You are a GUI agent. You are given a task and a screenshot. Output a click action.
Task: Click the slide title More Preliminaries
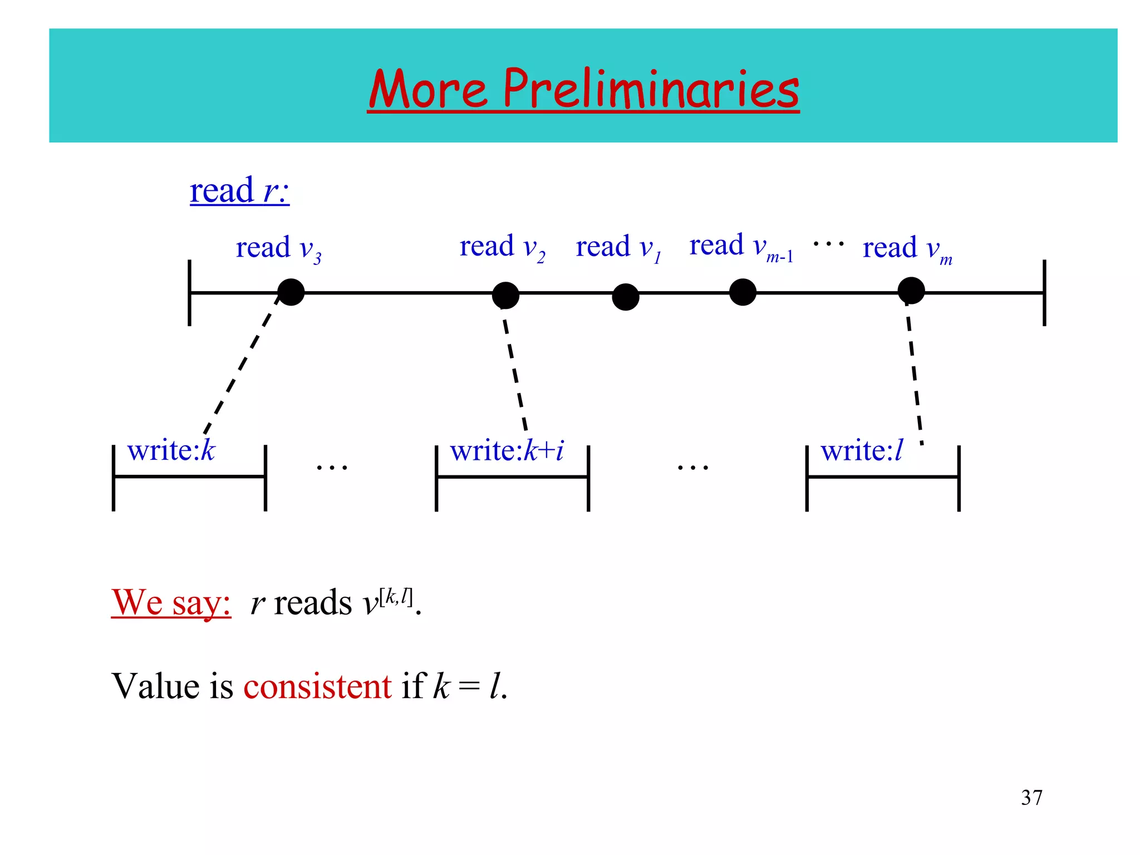tap(583, 89)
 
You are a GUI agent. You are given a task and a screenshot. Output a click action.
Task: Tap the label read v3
tap(278, 248)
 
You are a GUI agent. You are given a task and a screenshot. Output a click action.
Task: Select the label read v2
tap(502, 247)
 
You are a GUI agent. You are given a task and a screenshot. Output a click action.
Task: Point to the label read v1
tap(618, 248)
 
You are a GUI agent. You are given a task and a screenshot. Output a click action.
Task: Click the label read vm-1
tap(741, 247)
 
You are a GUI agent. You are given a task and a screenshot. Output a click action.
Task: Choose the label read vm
tap(907, 249)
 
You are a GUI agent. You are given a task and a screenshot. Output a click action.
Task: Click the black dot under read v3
tap(291, 292)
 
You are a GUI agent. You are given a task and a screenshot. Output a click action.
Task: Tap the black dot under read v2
tap(505, 295)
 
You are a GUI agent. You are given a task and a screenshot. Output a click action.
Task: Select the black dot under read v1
tap(626, 297)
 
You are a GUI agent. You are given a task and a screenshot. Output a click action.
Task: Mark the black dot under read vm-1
tap(743, 292)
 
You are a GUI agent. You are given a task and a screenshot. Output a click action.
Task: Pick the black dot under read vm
tap(911, 291)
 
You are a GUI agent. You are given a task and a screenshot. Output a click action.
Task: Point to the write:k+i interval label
tap(507, 450)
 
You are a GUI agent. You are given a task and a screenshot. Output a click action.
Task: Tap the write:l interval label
tap(861, 450)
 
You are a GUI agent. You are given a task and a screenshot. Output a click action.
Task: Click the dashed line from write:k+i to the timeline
tap(515, 370)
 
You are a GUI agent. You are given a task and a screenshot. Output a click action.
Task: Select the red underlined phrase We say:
tap(171, 602)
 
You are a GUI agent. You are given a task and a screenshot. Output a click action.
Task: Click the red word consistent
tap(317, 686)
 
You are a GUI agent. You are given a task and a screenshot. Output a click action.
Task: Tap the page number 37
tap(1031, 798)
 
